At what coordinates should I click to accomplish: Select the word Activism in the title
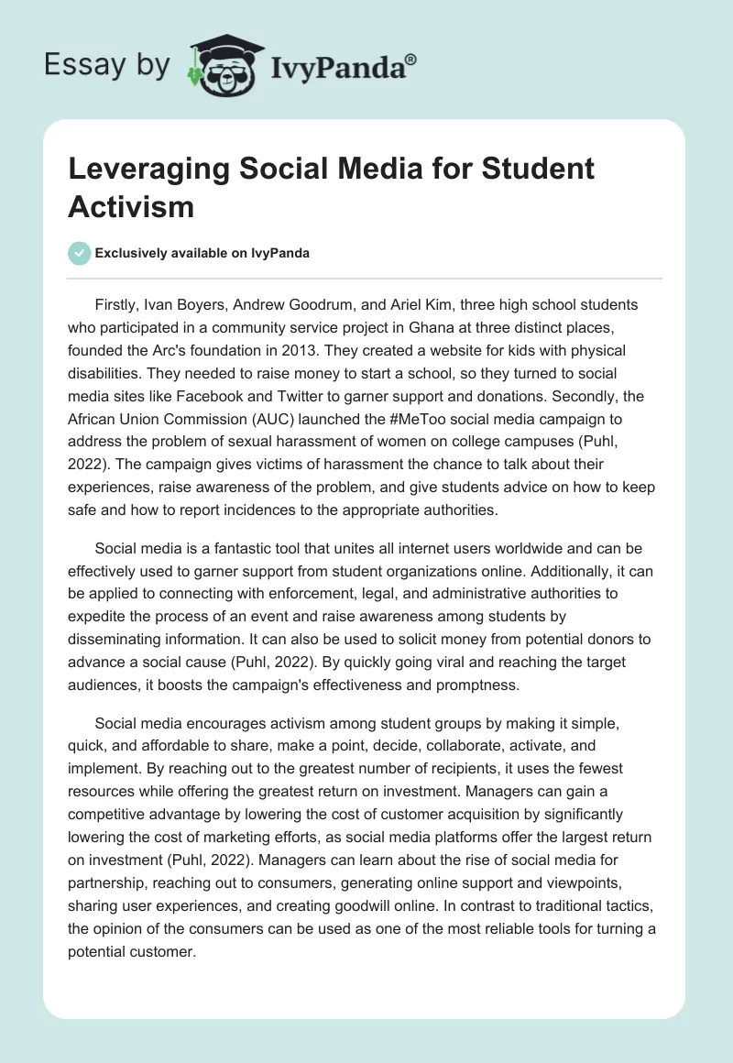coord(131,206)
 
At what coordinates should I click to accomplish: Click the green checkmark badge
coord(79,253)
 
